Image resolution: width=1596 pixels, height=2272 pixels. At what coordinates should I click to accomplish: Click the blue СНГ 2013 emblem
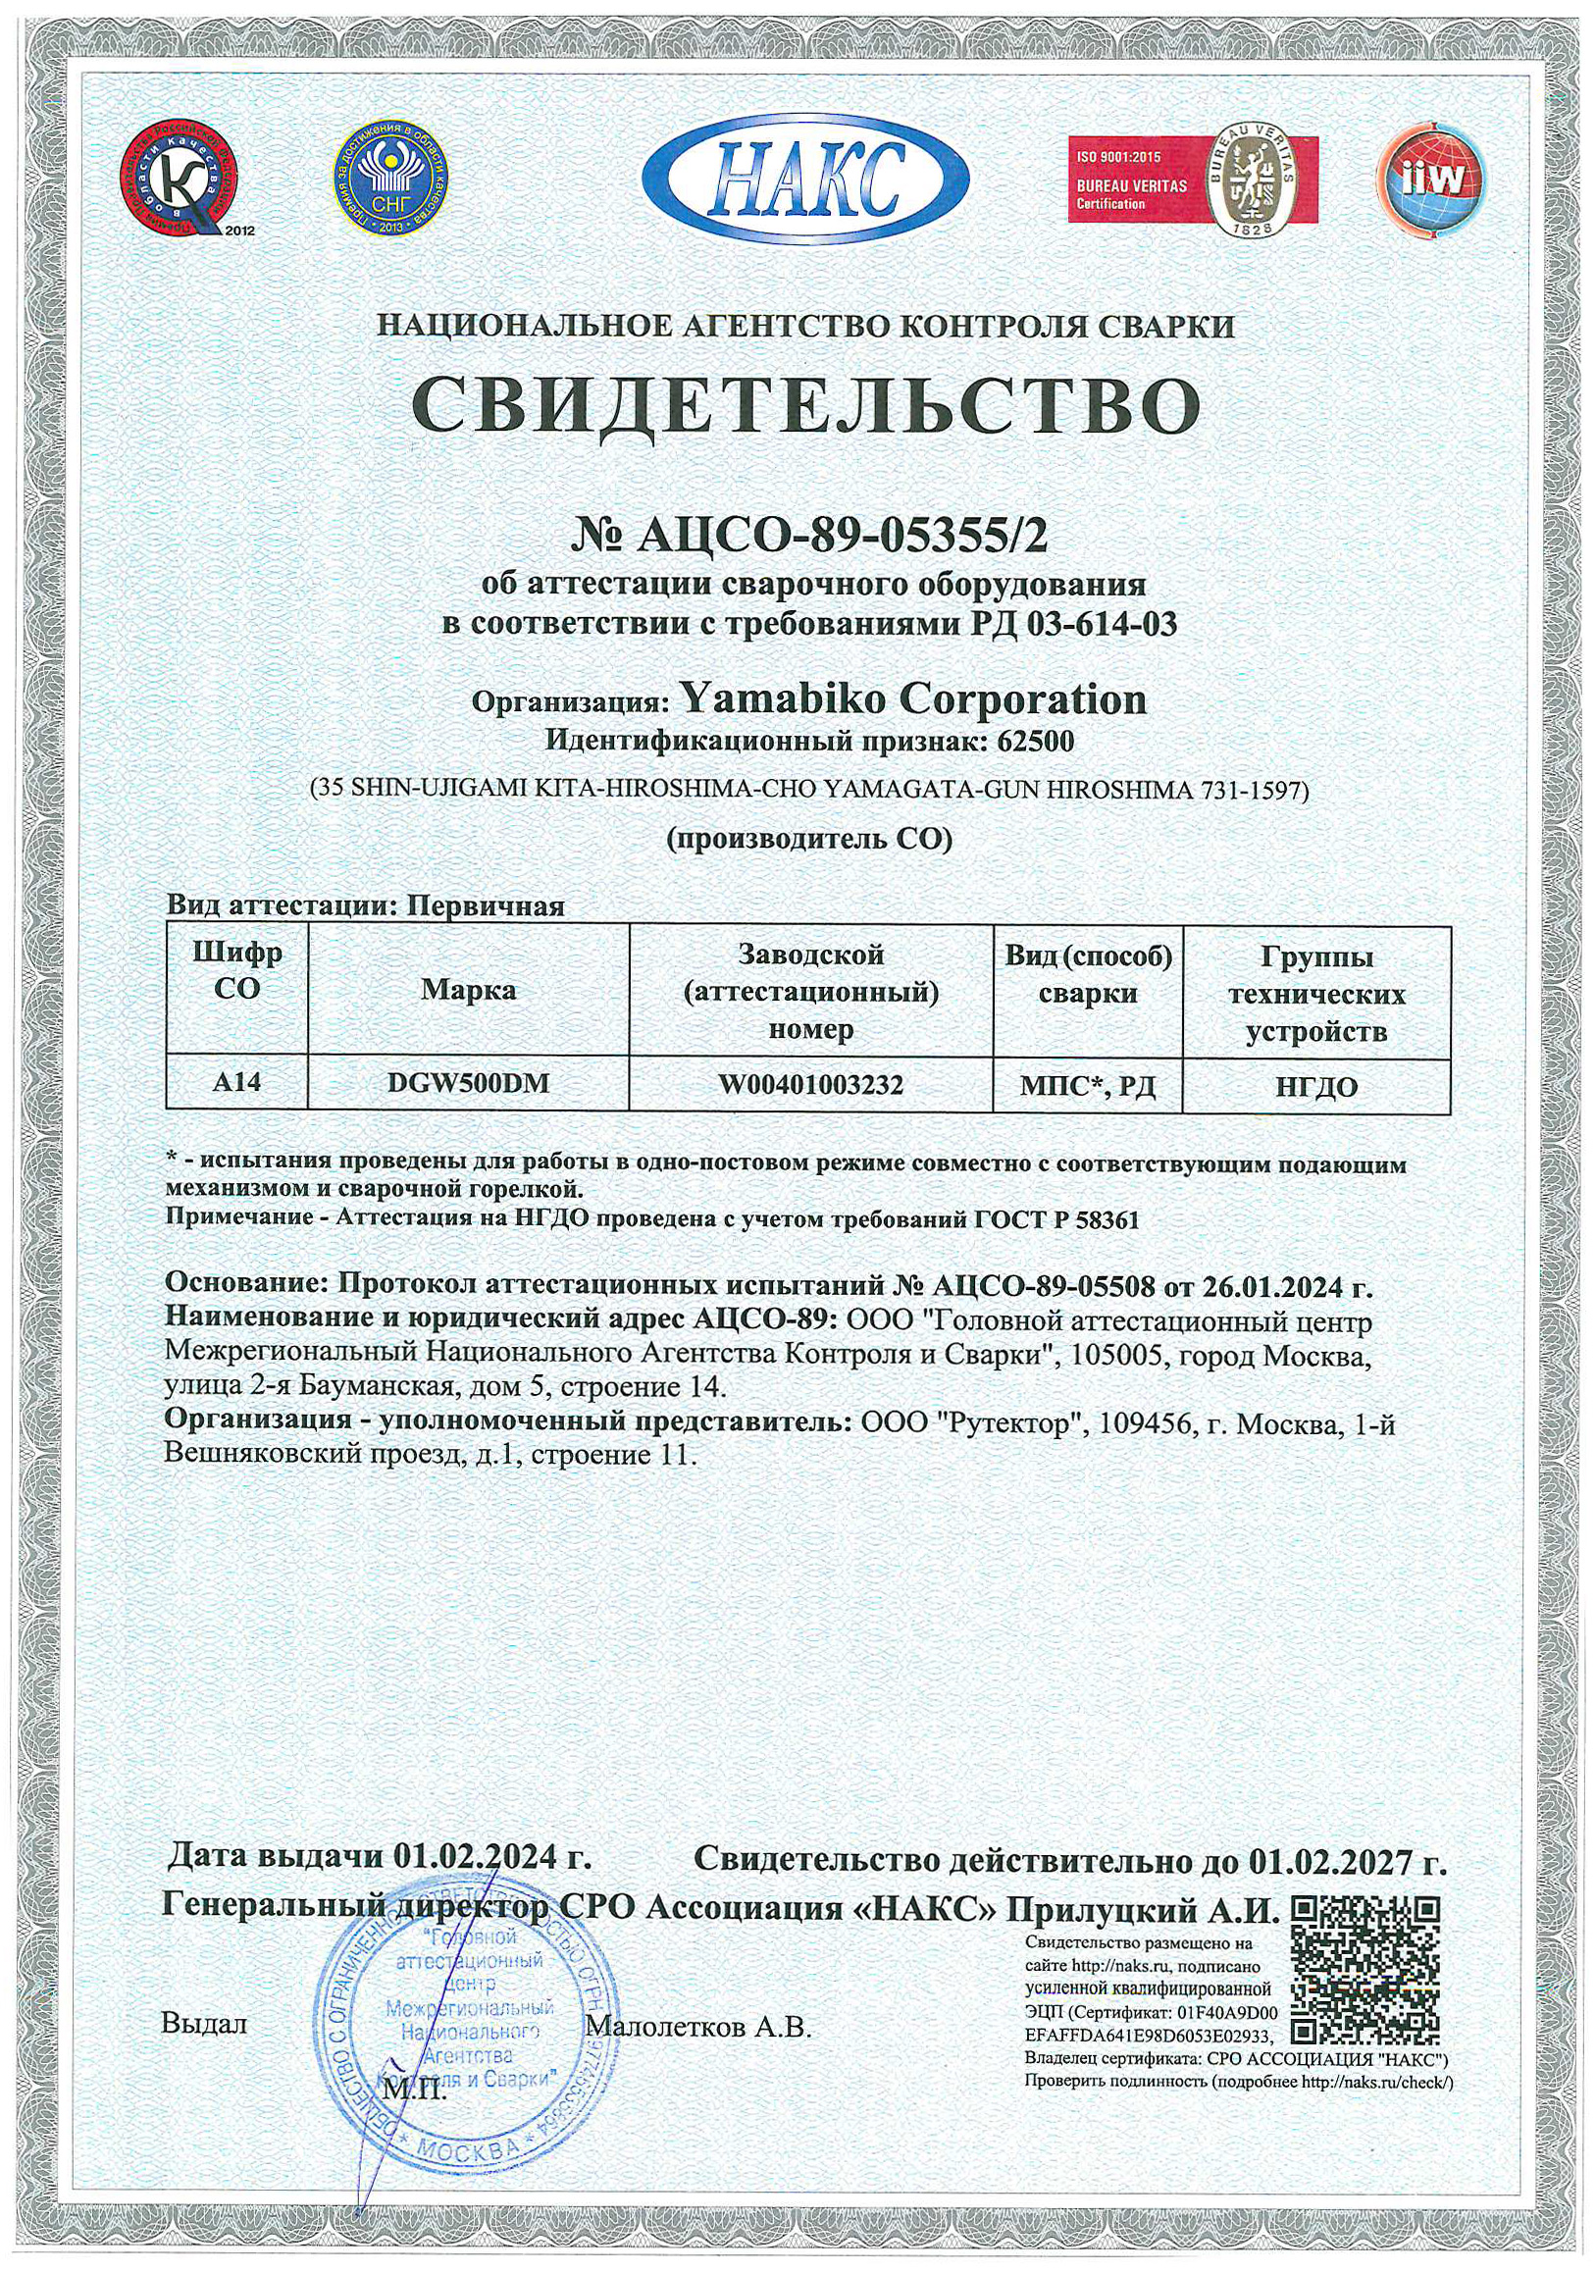[x=390, y=178]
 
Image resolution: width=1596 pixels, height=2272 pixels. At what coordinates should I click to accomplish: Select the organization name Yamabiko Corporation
[x=914, y=698]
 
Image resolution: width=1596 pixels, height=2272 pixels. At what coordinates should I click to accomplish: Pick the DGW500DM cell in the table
[x=468, y=1084]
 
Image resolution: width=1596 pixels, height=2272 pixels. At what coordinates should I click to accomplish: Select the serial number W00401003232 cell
[x=810, y=1085]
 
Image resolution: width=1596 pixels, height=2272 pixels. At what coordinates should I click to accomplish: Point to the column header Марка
[x=468, y=990]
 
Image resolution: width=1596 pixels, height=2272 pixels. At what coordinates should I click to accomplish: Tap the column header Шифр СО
[x=237, y=972]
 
